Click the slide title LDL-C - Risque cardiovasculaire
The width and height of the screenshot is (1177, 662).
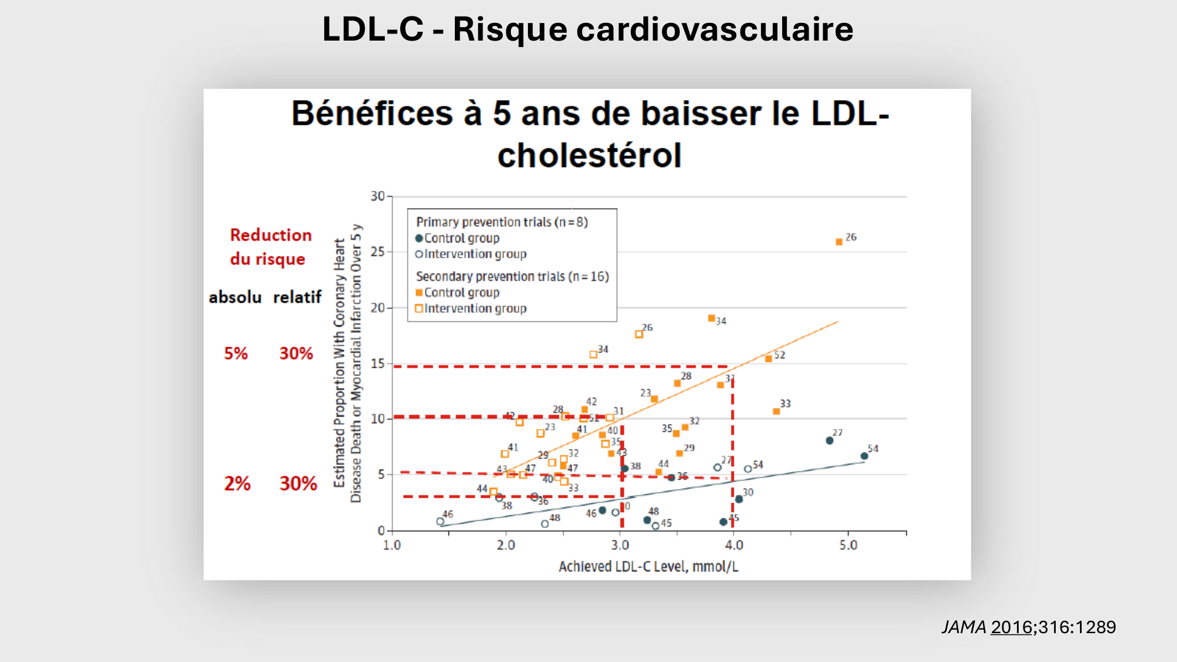[587, 29]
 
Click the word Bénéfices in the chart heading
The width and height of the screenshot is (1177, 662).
[371, 114]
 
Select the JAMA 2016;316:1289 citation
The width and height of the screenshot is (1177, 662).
[1028, 627]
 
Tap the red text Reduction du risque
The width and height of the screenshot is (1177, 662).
[270, 247]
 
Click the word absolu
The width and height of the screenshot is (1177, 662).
[235, 297]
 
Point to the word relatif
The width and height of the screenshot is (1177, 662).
[297, 297]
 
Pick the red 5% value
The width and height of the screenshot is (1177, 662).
[235, 354]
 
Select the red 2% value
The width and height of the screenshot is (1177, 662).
[237, 484]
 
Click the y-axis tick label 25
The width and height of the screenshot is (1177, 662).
[377, 252]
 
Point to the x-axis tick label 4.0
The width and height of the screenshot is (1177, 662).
[734, 545]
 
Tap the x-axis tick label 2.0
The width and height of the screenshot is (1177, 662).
[506, 545]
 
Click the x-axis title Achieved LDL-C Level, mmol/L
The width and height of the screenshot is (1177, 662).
[648, 567]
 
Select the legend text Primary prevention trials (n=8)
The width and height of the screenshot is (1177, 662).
[501, 222]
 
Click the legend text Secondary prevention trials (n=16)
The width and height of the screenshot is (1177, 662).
[512, 277]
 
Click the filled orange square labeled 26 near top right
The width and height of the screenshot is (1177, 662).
[839, 242]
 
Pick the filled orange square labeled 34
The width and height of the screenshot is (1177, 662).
[711, 318]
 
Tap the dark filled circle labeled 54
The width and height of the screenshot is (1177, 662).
[864, 456]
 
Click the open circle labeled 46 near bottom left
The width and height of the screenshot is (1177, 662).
[440, 521]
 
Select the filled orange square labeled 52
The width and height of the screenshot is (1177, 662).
[769, 359]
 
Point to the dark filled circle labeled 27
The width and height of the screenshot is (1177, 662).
[829, 441]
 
